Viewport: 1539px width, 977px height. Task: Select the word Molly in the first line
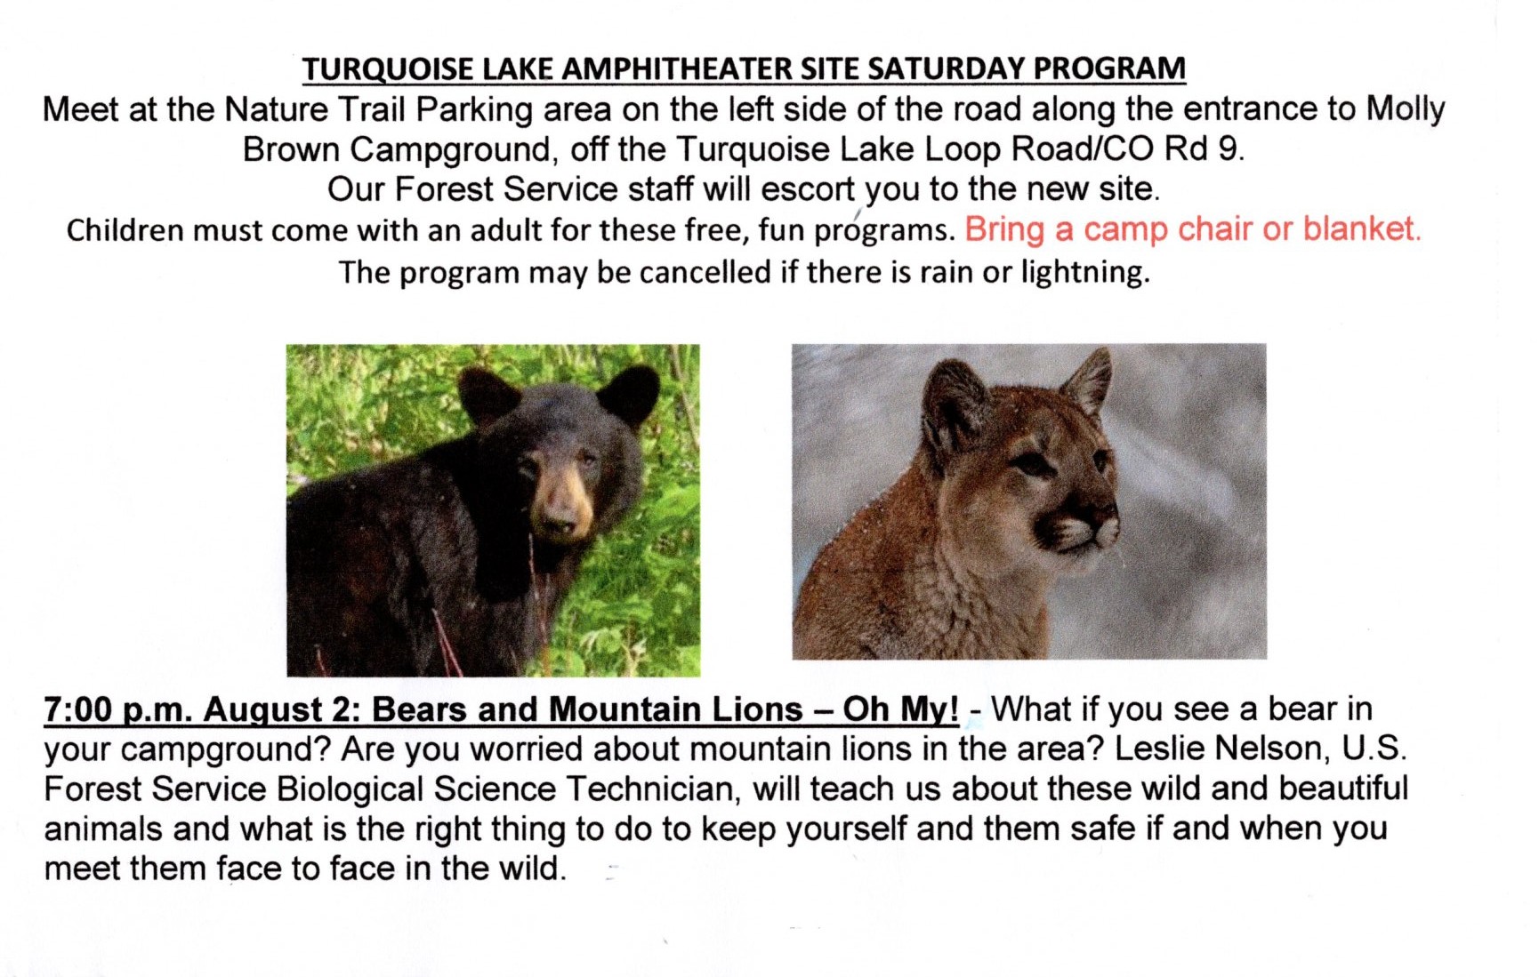[x=1406, y=110]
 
